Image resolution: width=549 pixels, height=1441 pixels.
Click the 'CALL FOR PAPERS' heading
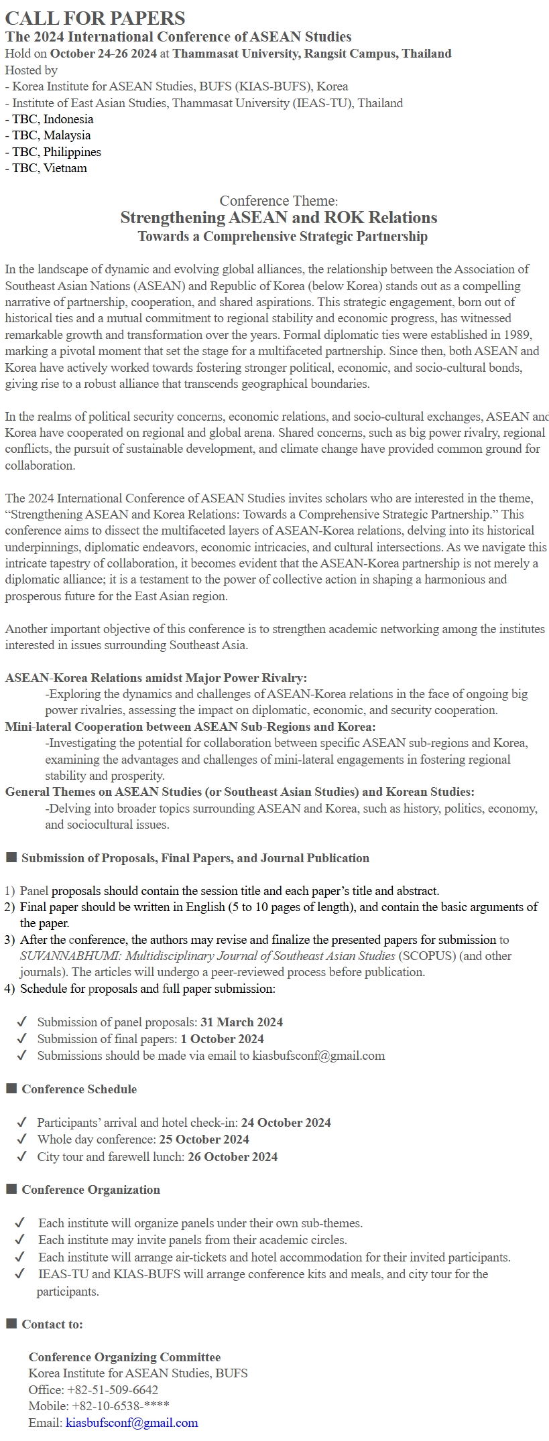[x=95, y=18]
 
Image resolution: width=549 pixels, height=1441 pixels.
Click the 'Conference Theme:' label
[x=278, y=201]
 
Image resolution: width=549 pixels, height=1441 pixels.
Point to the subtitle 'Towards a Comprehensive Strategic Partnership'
[x=282, y=236]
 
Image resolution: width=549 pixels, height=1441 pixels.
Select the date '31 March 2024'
[x=241, y=1022]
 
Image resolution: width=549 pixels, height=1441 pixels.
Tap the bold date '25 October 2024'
[x=204, y=1140]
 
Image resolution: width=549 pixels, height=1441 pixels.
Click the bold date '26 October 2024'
[x=232, y=1157]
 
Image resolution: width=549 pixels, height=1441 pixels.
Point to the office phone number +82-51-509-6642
[x=113, y=1390]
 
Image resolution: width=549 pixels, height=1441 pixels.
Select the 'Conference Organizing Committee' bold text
[x=125, y=1357]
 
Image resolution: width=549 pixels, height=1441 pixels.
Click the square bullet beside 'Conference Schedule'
[x=11, y=1089]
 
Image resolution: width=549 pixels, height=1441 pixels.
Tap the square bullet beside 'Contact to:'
[x=11, y=1324]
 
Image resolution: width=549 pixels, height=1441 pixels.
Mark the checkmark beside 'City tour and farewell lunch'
[x=22, y=1156]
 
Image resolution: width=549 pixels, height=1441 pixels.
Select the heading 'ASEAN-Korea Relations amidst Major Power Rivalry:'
[x=156, y=678]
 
